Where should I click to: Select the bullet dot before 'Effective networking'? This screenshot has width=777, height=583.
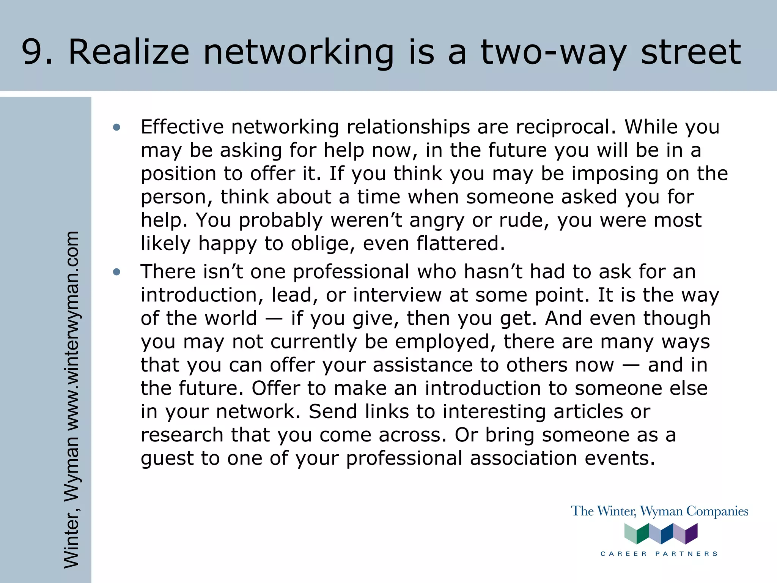coord(116,128)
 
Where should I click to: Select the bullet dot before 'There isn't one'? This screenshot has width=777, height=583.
coord(116,272)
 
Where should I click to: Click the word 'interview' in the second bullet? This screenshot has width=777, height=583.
coord(398,295)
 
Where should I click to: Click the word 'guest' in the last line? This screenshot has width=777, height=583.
coord(167,459)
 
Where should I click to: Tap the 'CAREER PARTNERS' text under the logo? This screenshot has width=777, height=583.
coord(659,554)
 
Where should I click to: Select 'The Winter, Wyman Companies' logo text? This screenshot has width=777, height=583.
coord(659,511)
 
